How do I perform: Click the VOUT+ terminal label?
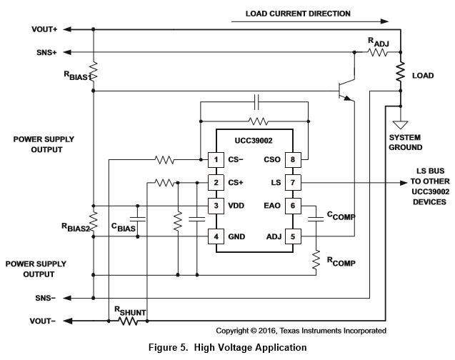pos(44,29)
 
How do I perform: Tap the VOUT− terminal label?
pos(44,321)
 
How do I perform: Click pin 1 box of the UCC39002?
pos(213,159)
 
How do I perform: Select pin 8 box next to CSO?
pos(291,159)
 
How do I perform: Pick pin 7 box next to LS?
pos(291,182)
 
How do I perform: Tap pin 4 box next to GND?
pos(213,236)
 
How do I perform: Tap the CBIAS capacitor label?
pos(124,227)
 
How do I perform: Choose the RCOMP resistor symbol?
pos(316,261)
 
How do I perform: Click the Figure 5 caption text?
pos(227,348)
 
